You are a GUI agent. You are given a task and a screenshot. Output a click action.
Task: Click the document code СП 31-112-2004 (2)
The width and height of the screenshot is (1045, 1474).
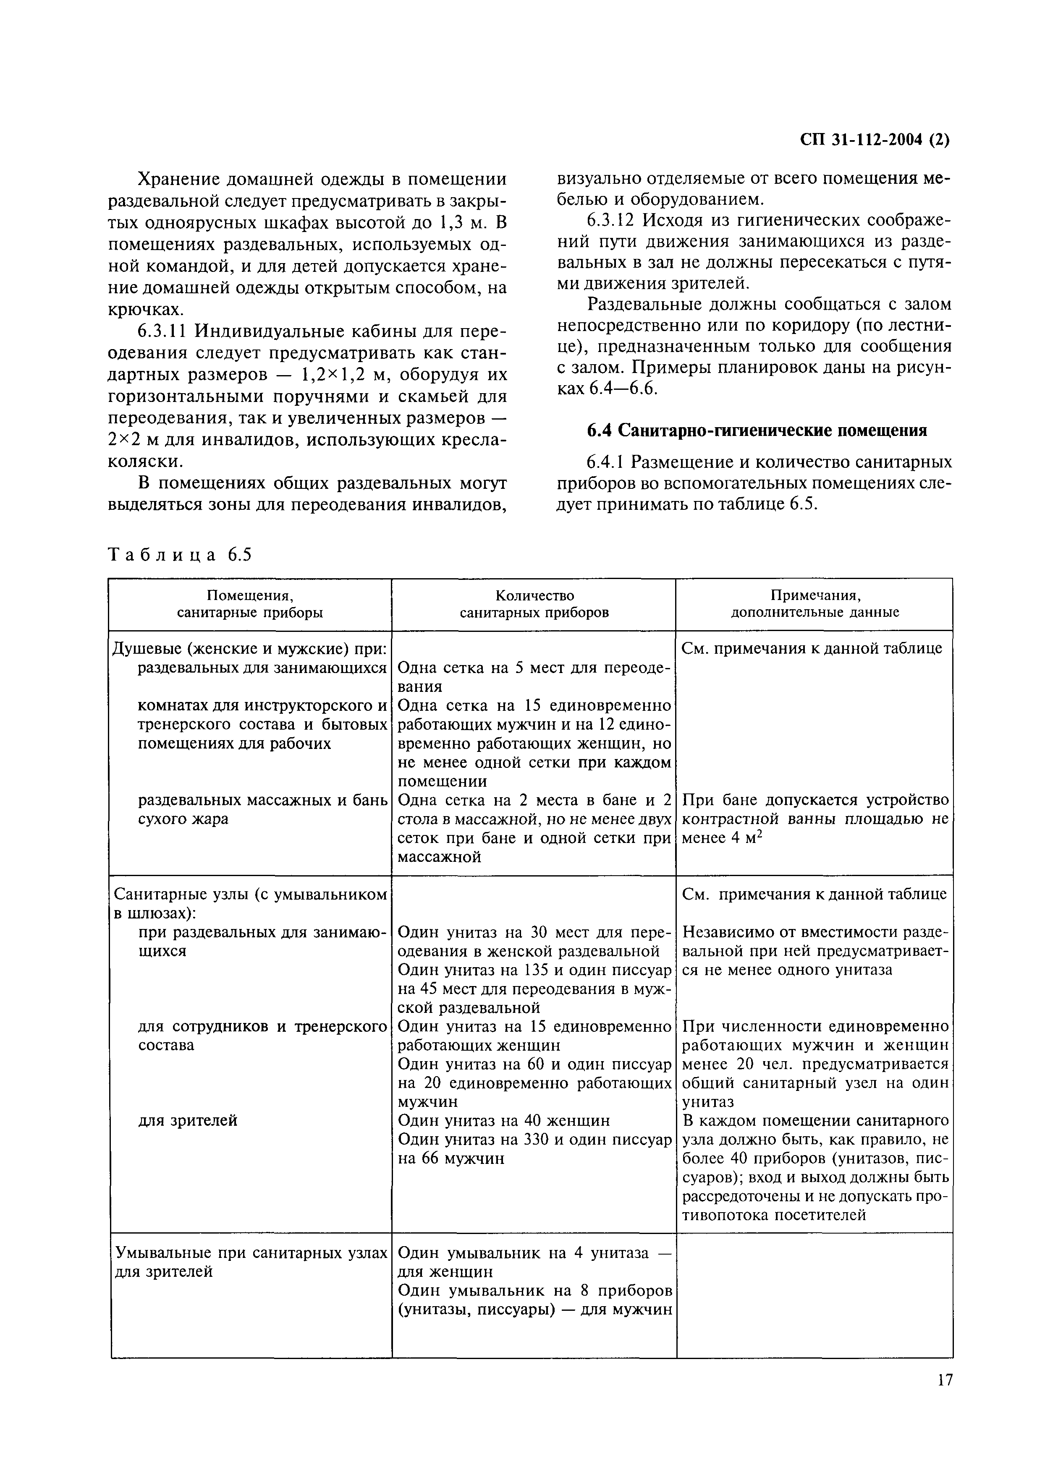pyautogui.click(x=876, y=140)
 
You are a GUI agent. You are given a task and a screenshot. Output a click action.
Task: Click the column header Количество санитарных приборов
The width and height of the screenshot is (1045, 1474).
pyautogui.click(x=534, y=604)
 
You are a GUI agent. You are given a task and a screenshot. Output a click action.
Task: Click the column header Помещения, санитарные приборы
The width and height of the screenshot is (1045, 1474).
pyautogui.click(x=250, y=604)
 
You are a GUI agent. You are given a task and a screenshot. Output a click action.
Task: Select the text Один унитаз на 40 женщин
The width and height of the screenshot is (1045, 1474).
pyautogui.click(x=504, y=1120)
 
